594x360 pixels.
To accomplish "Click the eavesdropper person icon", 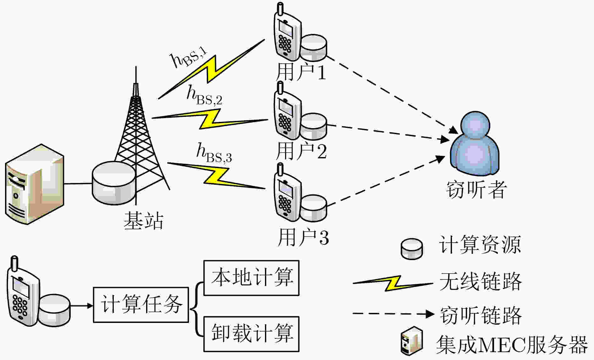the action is coord(475,142).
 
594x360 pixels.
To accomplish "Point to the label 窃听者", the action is coord(476,189).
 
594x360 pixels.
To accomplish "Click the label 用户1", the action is coord(301,71).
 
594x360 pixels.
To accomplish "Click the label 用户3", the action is coord(304,237).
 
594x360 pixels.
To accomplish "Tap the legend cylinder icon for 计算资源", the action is coord(412,249).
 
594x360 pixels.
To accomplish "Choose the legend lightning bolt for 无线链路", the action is coord(393,283).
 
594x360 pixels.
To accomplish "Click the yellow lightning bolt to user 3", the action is coord(217,176).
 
